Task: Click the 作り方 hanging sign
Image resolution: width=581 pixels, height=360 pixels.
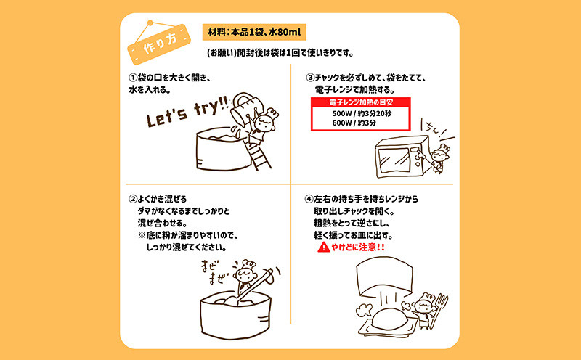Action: [x=158, y=44]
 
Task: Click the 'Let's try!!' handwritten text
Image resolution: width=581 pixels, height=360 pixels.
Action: [x=187, y=112]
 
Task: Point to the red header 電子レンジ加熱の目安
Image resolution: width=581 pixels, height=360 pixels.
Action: [x=360, y=102]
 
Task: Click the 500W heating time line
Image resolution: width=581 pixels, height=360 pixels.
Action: [x=361, y=114]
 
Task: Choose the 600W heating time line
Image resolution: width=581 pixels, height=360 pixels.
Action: [x=354, y=123]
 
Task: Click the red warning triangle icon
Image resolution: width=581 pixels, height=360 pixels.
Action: [x=323, y=247]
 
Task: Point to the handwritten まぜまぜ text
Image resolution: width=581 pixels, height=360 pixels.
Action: [x=214, y=272]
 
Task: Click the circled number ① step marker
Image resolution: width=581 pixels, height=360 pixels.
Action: [x=133, y=78]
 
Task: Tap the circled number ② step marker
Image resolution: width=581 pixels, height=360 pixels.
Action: [x=133, y=200]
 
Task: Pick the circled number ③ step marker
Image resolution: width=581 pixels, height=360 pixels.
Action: [x=310, y=78]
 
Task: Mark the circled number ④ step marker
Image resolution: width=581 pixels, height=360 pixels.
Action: [x=309, y=200]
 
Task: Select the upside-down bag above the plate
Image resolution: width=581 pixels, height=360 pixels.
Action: [x=385, y=277]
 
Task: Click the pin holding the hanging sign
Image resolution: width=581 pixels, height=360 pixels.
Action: [x=150, y=23]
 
